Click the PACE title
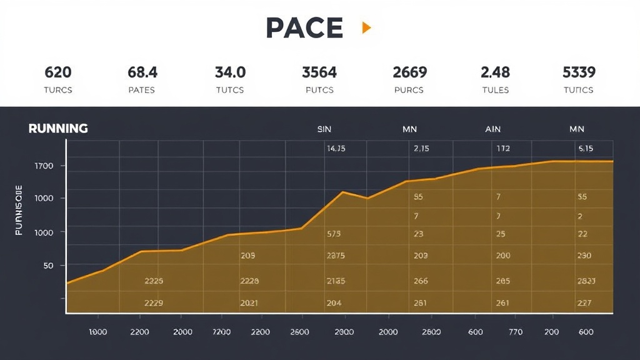304,27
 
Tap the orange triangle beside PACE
366,27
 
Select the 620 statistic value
57,72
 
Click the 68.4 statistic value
142,72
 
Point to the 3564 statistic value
319,72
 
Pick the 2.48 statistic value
495,72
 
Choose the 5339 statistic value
579,72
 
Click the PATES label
142,90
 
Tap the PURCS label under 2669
409,90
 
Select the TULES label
495,90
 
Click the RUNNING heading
58,129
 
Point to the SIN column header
324,129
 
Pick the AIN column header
492,129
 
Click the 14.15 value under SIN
336,149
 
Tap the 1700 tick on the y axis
44,166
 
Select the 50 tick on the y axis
47,266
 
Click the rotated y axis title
19,209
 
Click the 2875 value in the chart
336,256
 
